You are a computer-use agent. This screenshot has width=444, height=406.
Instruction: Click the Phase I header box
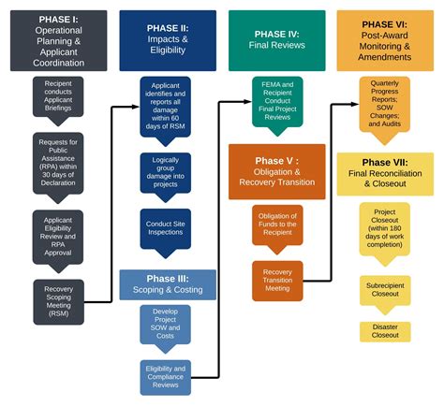pos(58,41)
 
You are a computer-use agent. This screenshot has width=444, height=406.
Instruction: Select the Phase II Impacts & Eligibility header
pos(167,41)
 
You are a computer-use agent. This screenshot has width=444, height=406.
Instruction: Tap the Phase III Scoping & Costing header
pos(167,284)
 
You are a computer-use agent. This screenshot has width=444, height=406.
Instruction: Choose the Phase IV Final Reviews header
pos(277,41)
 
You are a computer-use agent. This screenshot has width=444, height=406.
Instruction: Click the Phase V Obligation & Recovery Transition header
pos(277,171)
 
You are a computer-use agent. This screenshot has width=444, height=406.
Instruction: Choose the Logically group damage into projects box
pos(166,172)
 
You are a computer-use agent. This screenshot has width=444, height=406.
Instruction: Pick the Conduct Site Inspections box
pos(166,227)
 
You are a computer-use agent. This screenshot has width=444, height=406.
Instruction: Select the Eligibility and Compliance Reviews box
pos(166,376)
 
